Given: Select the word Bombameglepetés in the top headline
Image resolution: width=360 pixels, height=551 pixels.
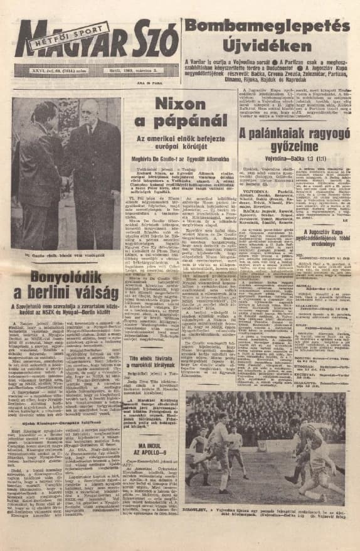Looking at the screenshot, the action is pos(267,26).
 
